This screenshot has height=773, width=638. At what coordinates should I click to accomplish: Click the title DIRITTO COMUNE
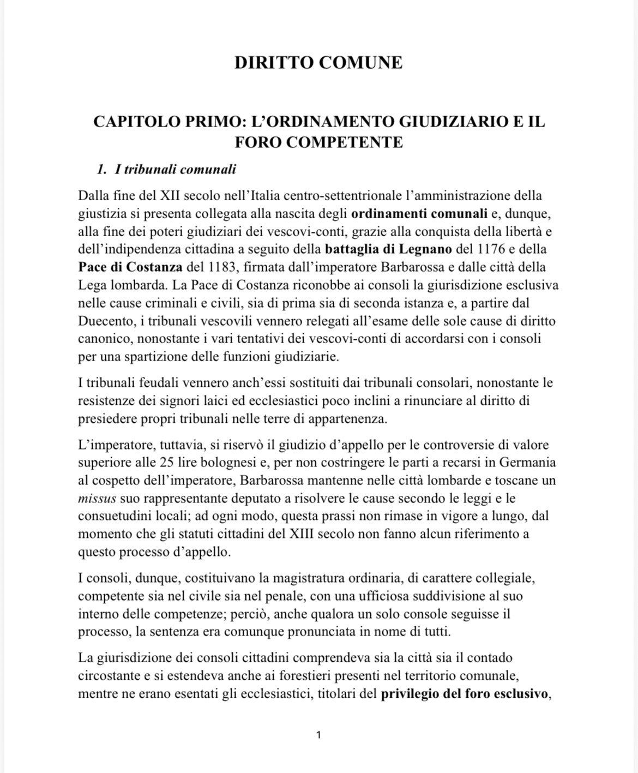coord(318,63)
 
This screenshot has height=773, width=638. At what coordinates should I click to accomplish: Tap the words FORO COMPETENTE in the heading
coord(319,142)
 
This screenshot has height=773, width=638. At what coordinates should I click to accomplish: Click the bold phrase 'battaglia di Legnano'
coord(388,249)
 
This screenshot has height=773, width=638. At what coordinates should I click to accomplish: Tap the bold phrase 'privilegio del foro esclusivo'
coord(464,694)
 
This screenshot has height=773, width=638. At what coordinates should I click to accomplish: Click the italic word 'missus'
coord(97,498)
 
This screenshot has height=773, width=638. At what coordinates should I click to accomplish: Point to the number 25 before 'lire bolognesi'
coord(167,463)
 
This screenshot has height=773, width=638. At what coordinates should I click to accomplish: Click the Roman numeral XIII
coord(301,534)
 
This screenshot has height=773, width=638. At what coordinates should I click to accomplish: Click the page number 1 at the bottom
coord(318,735)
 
